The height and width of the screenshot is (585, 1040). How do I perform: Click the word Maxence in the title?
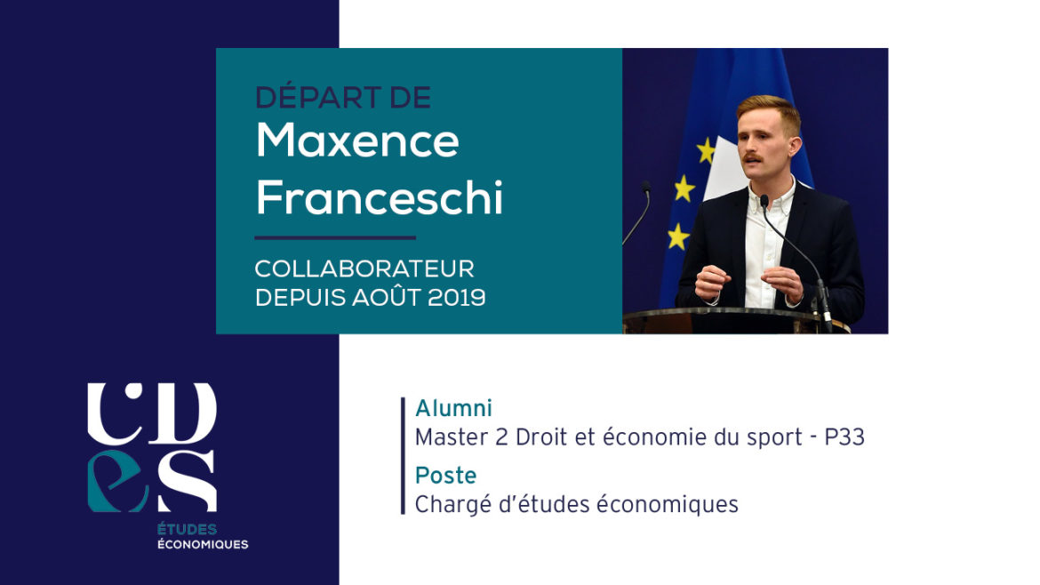(x=357, y=140)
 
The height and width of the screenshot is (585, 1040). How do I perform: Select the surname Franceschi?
(x=380, y=197)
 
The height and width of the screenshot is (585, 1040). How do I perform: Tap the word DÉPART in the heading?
(x=315, y=97)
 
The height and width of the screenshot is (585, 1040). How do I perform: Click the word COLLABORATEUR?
(x=364, y=268)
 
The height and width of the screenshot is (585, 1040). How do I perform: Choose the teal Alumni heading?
(x=453, y=408)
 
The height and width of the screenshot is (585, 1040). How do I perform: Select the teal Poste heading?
(x=445, y=476)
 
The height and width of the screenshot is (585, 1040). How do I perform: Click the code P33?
(x=844, y=437)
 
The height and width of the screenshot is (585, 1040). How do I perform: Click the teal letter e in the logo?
(x=116, y=481)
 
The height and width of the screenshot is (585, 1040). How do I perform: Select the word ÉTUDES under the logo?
(x=187, y=529)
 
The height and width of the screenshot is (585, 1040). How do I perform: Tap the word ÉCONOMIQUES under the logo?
(x=203, y=544)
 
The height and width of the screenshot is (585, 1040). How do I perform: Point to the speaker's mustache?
(x=752, y=158)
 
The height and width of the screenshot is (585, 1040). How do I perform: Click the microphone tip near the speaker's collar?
(x=764, y=200)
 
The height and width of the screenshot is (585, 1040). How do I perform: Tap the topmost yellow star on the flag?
(x=706, y=150)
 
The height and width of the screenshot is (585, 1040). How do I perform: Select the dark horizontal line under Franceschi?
(x=335, y=237)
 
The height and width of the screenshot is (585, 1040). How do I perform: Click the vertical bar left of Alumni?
(x=403, y=456)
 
